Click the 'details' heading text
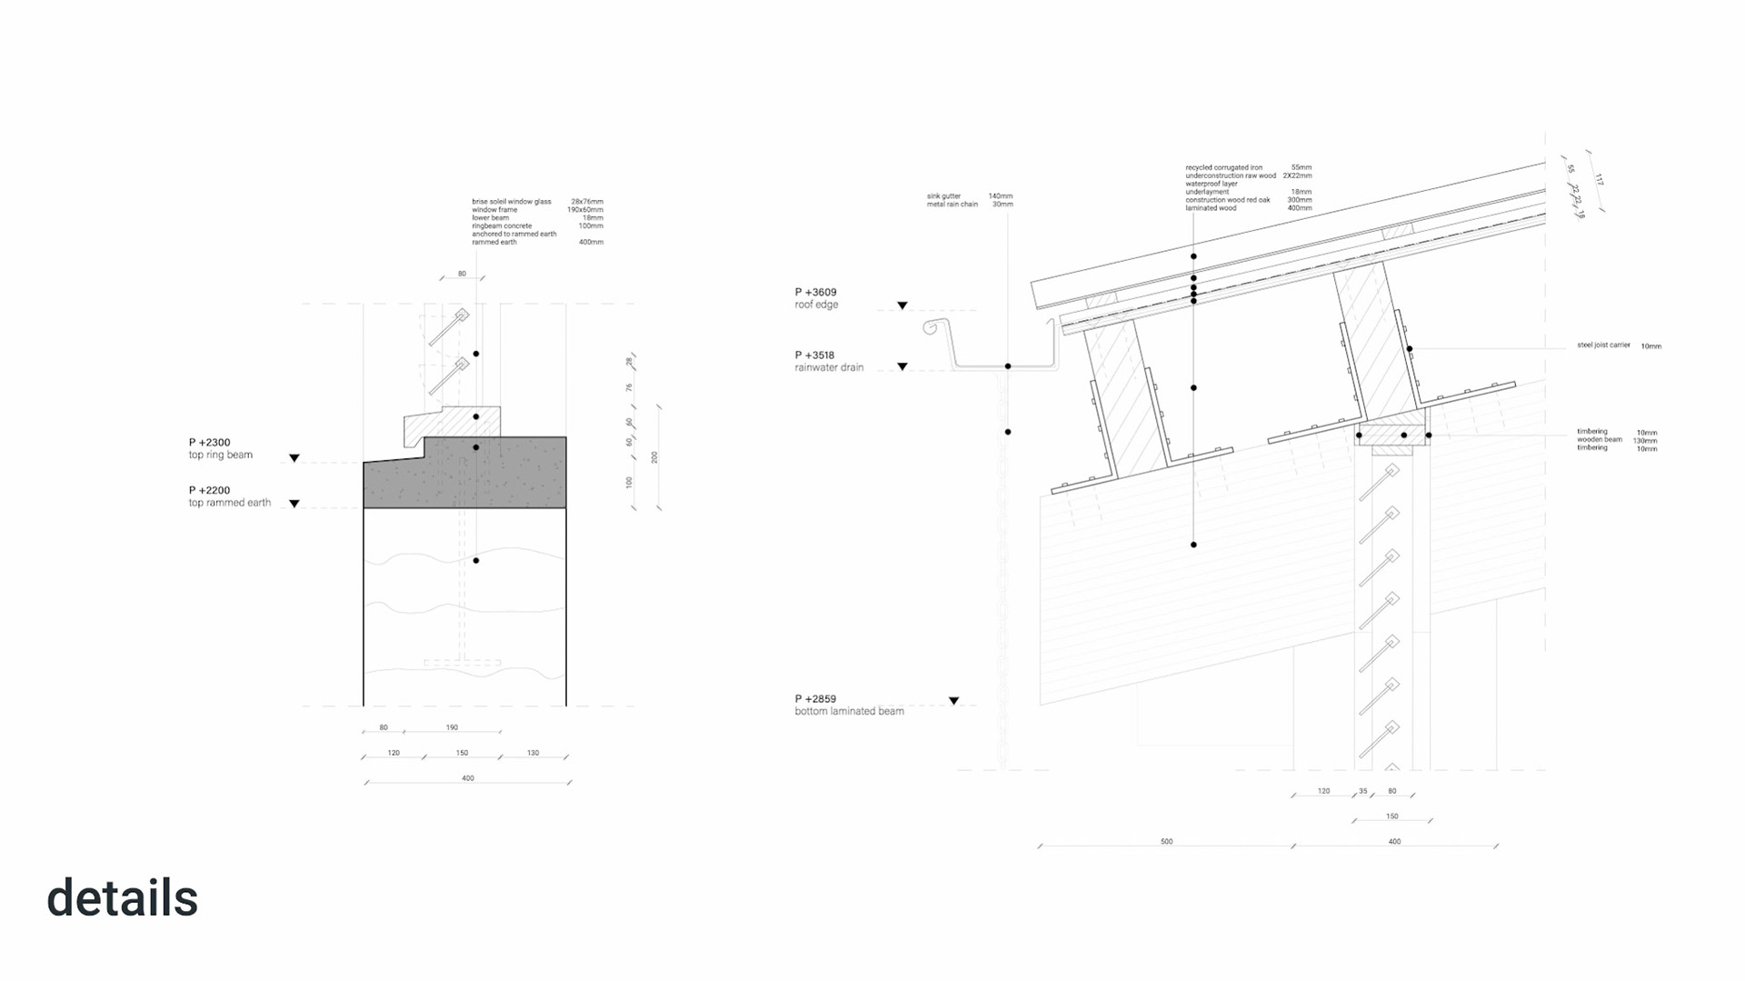pos(122,898)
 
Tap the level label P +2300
pos(210,443)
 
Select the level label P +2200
pos(210,490)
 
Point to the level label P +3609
pos(815,293)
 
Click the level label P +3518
pos(814,355)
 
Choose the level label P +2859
pos(815,700)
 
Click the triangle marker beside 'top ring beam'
pos(294,458)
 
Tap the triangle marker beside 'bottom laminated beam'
pos(953,701)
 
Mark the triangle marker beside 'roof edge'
pos(902,306)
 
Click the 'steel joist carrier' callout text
pos(1603,345)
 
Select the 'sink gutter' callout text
pos(943,196)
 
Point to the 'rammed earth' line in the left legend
pos(495,243)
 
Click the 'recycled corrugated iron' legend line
pos(1223,168)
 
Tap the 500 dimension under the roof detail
pos(1166,842)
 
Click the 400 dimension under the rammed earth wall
pos(467,778)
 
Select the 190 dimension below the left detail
pos(452,727)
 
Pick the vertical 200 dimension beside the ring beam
pos(654,457)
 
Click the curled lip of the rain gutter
pos(930,326)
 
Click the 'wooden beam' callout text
pos(1600,440)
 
